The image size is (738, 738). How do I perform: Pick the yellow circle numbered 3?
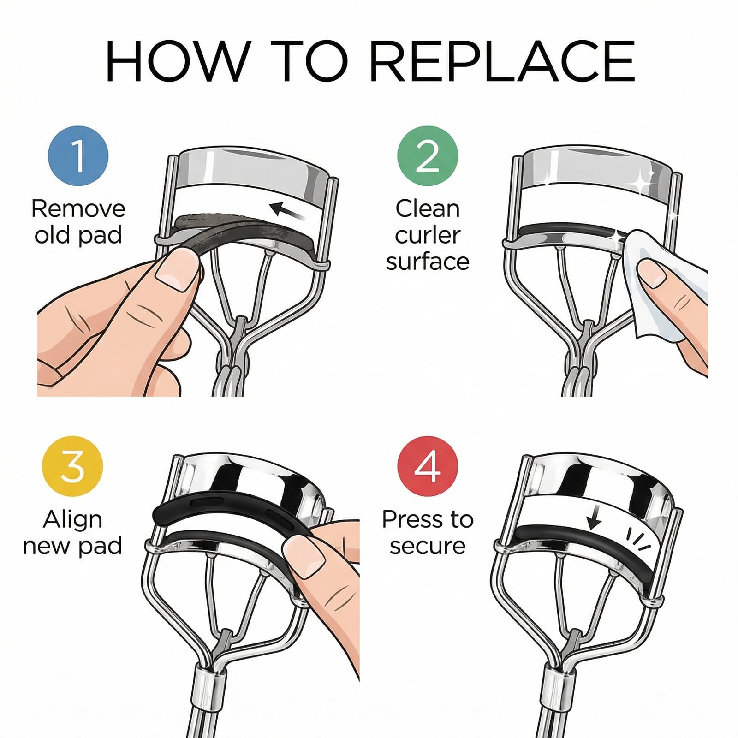(72, 466)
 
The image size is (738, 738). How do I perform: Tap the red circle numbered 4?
(428, 466)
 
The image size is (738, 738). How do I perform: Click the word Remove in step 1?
(78, 208)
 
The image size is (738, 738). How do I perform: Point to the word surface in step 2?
(428, 262)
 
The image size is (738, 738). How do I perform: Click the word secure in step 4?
(428, 546)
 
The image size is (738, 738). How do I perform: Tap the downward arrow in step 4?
(595, 518)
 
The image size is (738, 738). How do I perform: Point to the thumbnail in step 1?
(174, 269)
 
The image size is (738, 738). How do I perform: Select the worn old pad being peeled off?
(240, 231)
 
